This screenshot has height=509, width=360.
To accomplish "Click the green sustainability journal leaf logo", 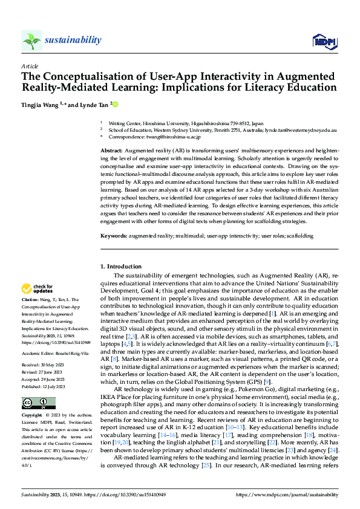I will (31, 41).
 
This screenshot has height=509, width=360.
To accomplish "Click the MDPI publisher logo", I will (324, 41).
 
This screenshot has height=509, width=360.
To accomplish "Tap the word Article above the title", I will (30, 66).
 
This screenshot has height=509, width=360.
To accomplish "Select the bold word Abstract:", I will (113, 150).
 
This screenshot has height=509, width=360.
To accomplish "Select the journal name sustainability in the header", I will (73, 40).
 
